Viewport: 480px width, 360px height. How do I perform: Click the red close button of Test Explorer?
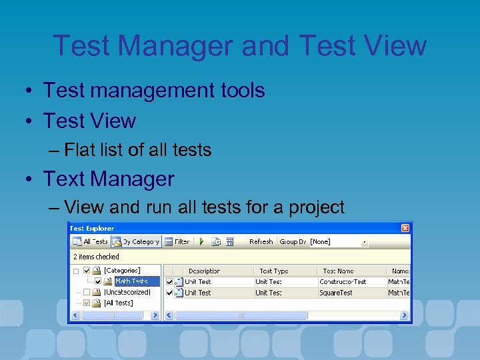click(x=405, y=228)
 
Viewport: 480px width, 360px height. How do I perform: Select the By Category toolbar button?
click(x=136, y=241)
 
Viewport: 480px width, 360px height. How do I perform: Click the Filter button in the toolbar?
click(x=177, y=241)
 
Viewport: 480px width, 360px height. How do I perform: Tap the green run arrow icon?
click(x=201, y=241)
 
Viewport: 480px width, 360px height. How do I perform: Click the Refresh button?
click(x=261, y=241)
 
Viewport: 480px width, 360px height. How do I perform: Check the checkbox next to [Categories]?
click(x=87, y=271)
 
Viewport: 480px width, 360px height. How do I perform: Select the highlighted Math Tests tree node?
click(x=131, y=281)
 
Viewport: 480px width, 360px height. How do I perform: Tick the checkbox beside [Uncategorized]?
click(x=87, y=292)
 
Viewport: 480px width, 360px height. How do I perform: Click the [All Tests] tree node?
click(x=118, y=303)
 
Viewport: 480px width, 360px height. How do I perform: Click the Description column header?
click(x=204, y=271)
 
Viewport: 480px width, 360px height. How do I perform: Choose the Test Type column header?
click(x=273, y=271)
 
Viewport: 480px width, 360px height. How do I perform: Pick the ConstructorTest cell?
click(x=342, y=281)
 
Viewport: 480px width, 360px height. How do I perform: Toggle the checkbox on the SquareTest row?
click(x=169, y=293)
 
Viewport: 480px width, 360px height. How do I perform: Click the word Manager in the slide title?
click(x=182, y=45)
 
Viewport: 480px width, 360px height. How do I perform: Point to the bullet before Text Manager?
click(x=31, y=179)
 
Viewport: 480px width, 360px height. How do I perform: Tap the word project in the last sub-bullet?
click(x=317, y=207)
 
